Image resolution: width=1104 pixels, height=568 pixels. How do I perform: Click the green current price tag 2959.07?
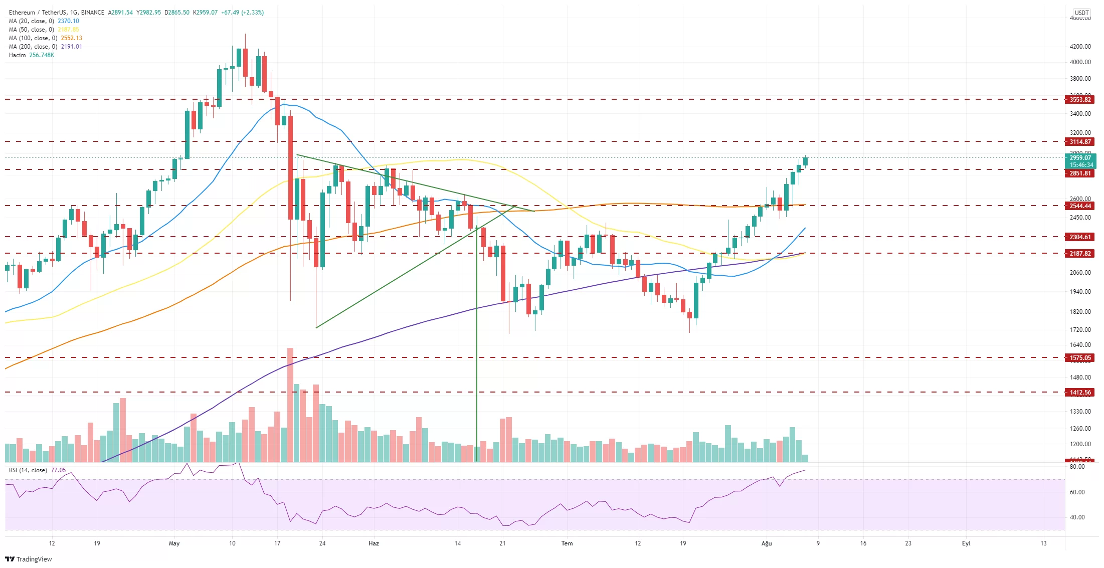[1080, 158]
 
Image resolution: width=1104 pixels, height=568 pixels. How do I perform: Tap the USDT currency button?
[1081, 13]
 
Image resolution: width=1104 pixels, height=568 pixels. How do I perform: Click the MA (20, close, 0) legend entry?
[31, 21]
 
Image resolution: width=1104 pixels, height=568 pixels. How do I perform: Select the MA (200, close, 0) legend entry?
[33, 47]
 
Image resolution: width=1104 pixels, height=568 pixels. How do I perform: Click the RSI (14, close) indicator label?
[28, 470]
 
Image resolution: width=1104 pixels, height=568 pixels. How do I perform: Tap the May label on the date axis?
[174, 543]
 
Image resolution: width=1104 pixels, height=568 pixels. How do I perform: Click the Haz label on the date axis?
[374, 543]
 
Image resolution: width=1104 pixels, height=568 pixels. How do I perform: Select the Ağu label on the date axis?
[767, 543]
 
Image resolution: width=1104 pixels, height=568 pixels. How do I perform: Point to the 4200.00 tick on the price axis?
[1080, 47]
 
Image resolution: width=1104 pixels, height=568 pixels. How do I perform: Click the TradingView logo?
[29, 559]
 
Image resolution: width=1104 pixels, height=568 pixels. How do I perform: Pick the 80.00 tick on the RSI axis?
[1077, 467]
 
